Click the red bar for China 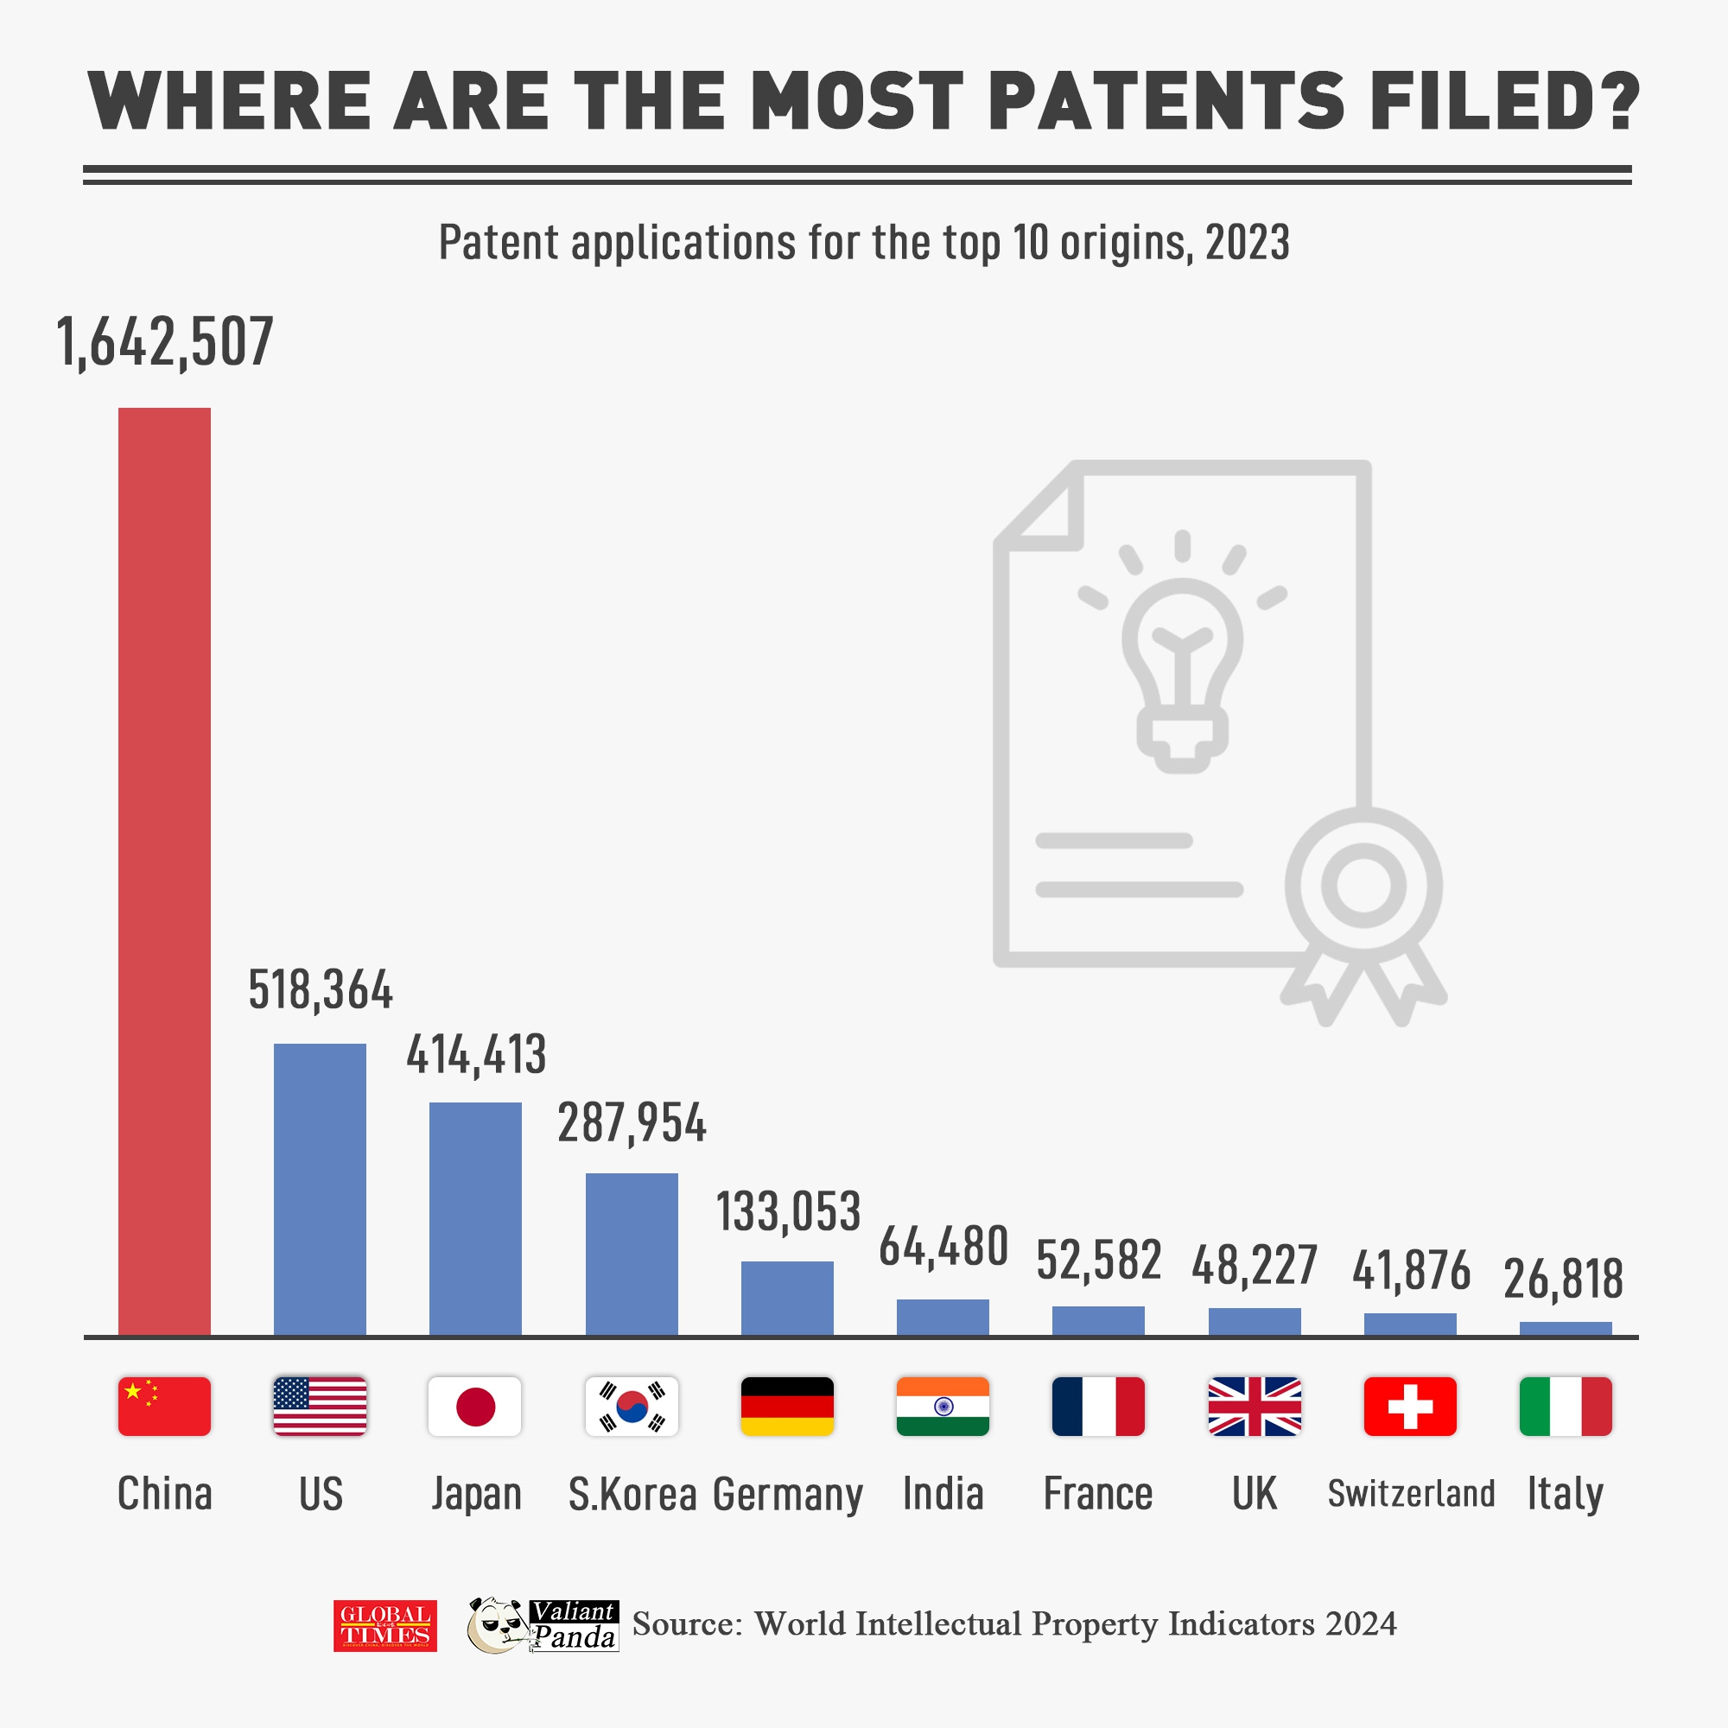(x=164, y=871)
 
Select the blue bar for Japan (x=475, y=1218)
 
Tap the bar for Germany (x=787, y=1298)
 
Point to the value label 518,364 (x=321, y=990)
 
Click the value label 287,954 (x=632, y=1123)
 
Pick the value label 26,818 (x=1564, y=1279)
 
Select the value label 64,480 (x=943, y=1247)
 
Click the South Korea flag (x=632, y=1406)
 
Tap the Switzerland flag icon (x=1409, y=1406)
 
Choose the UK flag (x=1254, y=1406)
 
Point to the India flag (x=943, y=1406)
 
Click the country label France (x=1098, y=1494)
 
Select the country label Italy (x=1566, y=1494)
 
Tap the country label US (x=321, y=1494)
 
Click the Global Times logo (x=385, y=1626)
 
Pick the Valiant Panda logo (x=543, y=1625)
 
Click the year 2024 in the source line (x=1361, y=1623)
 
